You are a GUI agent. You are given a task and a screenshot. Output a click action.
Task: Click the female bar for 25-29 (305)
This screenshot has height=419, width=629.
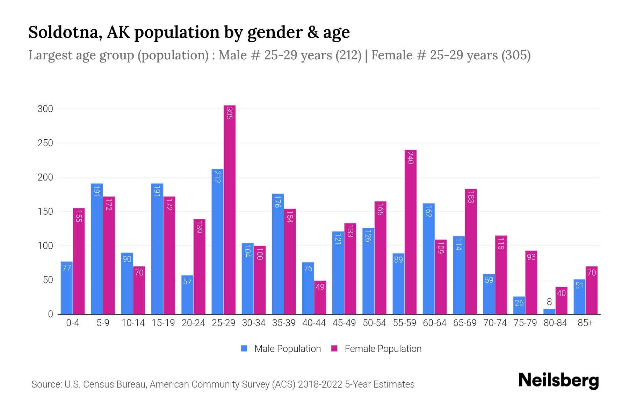pyautogui.click(x=230, y=209)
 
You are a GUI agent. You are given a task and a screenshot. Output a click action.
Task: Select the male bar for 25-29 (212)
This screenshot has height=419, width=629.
pyautogui.click(x=217, y=242)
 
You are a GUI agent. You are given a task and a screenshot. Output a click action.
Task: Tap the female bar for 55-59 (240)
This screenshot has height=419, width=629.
pyautogui.click(x=411, y=232)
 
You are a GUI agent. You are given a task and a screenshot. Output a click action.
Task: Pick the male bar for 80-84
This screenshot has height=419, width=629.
pyautogui.click(x=549, y=311)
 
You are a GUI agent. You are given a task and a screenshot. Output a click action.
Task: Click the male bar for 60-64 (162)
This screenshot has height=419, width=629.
pyautogui.click(x=429, y=259)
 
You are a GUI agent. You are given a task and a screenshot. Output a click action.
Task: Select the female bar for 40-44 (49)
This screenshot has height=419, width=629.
pyautogui.click(x=320, y=297)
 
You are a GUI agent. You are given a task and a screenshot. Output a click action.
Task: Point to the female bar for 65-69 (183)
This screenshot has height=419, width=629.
pyautogui.click(x=471, y=251)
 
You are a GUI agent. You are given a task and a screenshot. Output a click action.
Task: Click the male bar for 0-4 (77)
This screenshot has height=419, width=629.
pyautogui.click(x=67, y=288)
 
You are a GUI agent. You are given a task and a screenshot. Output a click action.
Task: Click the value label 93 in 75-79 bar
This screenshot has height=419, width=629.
pyautogui.click(x=531, y=257)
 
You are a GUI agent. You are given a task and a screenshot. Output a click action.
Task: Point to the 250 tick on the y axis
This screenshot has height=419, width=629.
pyautogui.click(x=45, y=143)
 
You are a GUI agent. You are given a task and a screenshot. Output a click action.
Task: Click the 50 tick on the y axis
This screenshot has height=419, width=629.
pyautogui.click(x=48, y=280)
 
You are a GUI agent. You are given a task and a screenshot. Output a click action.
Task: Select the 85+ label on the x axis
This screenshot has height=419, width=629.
pyautogui.click(x=585, y=323)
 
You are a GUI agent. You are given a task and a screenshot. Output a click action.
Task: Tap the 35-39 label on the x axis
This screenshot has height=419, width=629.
pyautogui.click(x=284, y=323)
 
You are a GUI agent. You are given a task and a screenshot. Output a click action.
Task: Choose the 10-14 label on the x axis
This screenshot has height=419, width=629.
pyautogui.click(x=133, y=323)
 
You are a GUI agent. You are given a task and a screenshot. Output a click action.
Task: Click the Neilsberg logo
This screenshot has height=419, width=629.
pyautogui.click(x=559, y=381)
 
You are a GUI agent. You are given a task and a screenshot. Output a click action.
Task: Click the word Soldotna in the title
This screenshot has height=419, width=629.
pyautogui.click(x=65, y=32)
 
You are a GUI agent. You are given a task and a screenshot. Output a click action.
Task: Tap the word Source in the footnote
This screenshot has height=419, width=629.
pyautogui.click(x=45, y=384)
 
